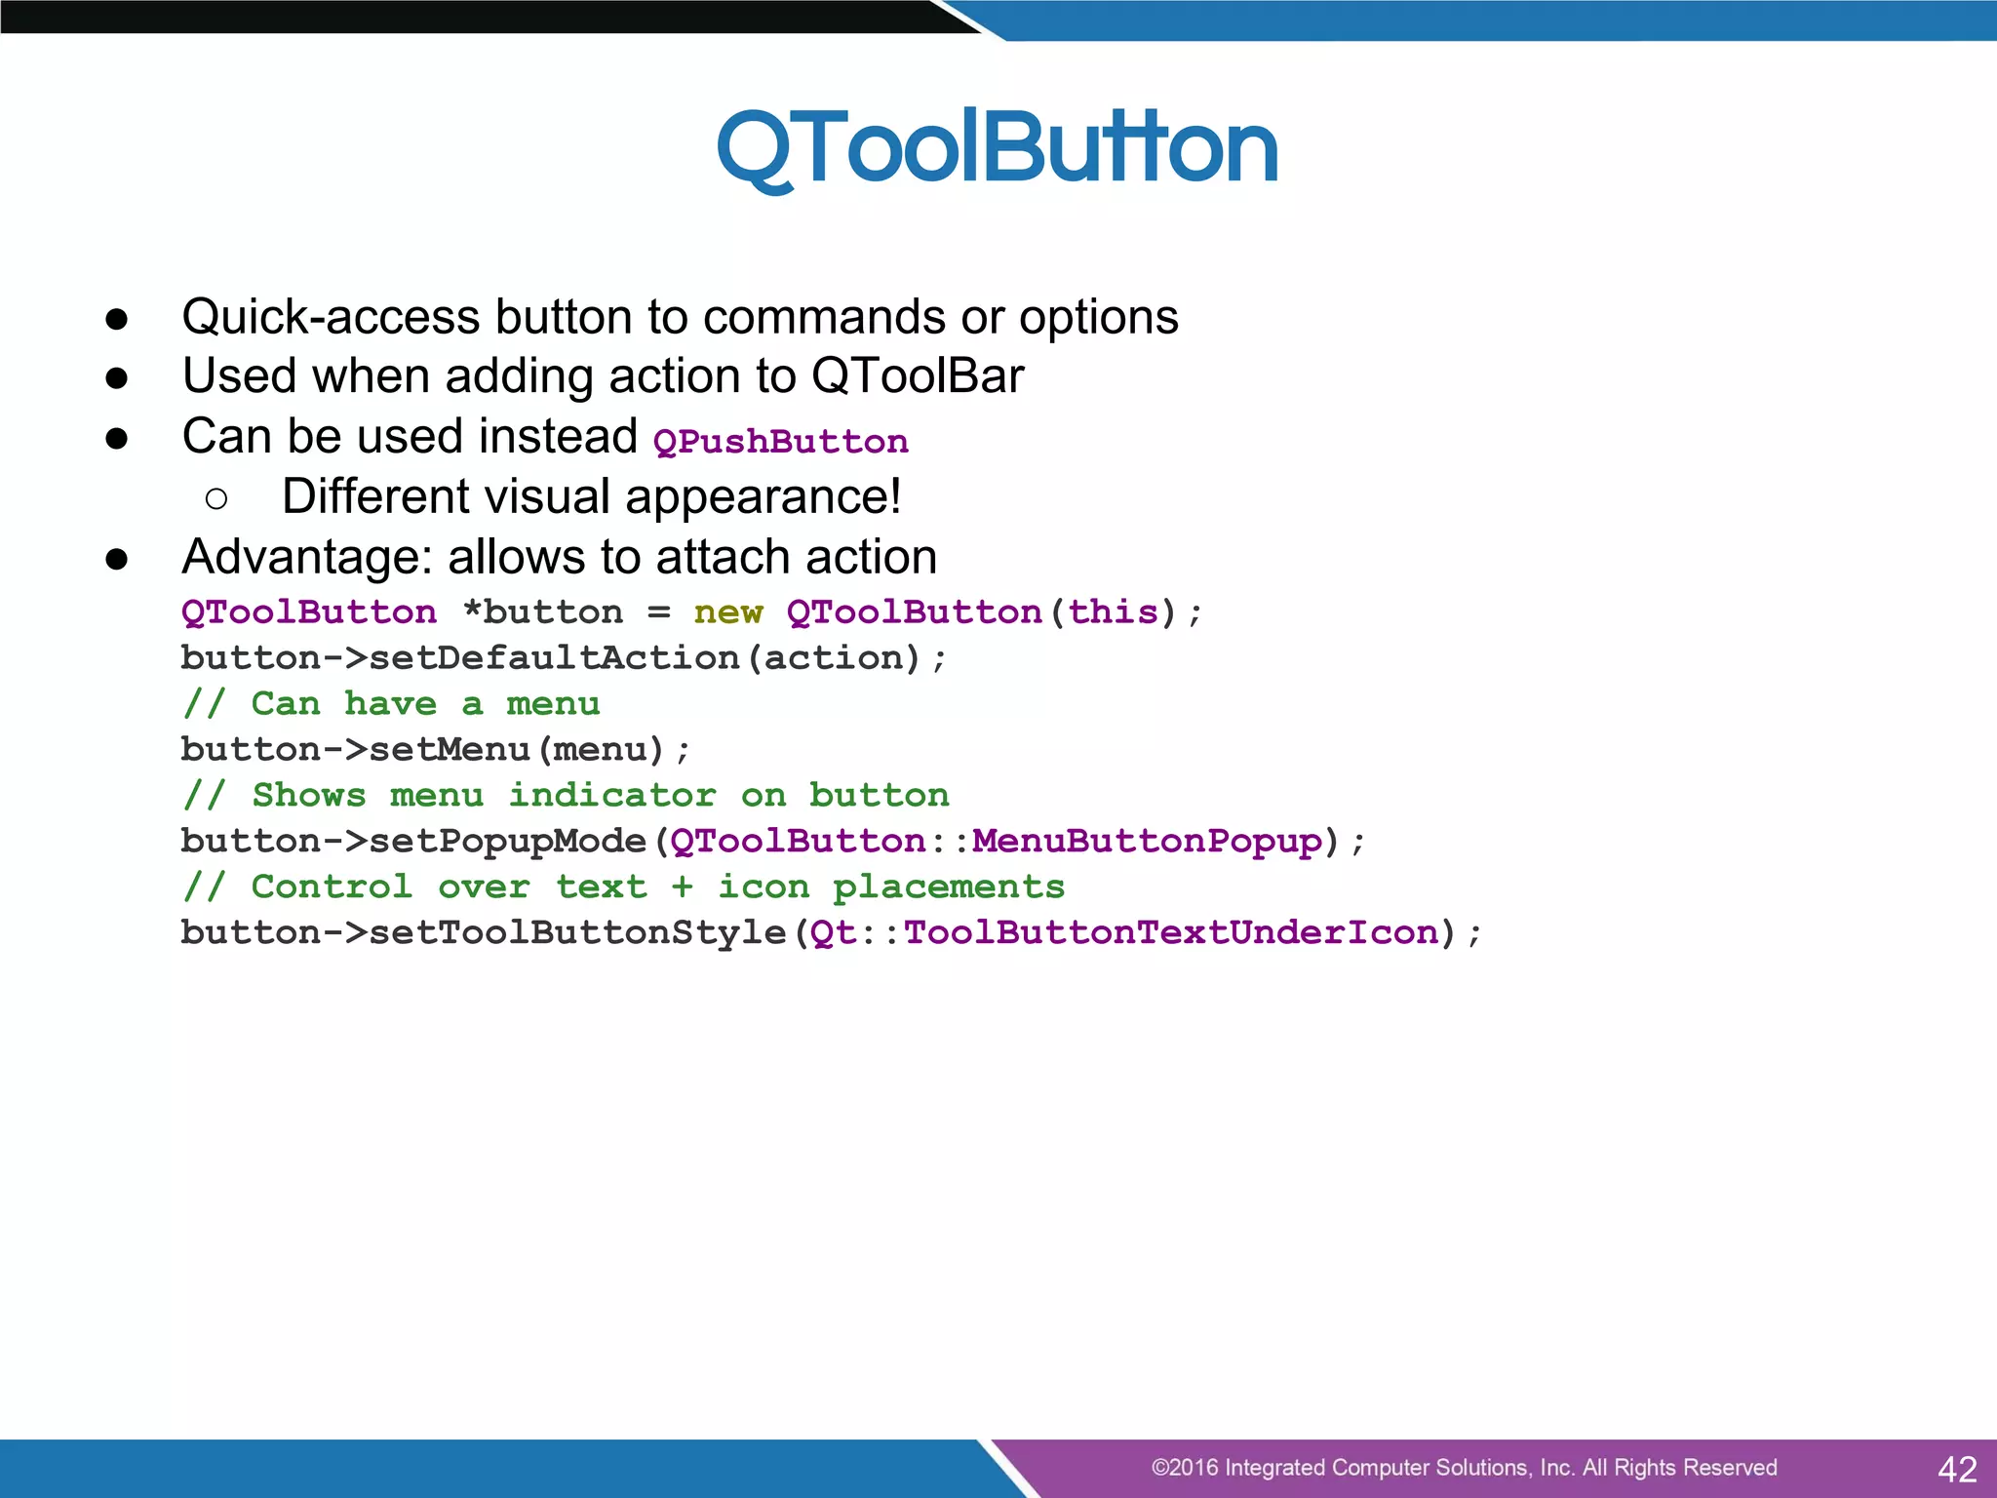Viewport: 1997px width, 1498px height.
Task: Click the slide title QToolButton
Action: tap(997, 148)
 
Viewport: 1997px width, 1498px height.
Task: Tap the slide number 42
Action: tap(1957, 1469)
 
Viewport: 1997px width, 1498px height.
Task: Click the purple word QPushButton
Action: tap(780, 442)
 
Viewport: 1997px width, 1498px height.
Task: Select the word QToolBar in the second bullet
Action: tap(918, 376)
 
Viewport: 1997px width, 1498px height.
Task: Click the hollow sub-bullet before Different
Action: tap(216, 499)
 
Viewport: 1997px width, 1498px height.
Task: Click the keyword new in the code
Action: tap(728, 612)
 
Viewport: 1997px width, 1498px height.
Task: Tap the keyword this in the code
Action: tap(1113, 612)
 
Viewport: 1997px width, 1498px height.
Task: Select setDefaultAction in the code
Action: tap(554, 658)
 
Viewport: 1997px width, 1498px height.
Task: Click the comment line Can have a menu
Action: tap(391, 704)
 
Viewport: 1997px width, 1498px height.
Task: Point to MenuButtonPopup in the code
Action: tap(1147, 841)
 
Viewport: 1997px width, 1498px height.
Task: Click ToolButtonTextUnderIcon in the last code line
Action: tap(1171, 932)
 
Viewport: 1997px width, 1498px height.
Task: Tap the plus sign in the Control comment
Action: tap(683, 887)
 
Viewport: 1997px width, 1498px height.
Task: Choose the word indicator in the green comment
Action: tap(612, 795)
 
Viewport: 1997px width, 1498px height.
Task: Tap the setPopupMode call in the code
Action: tap(508, 841)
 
